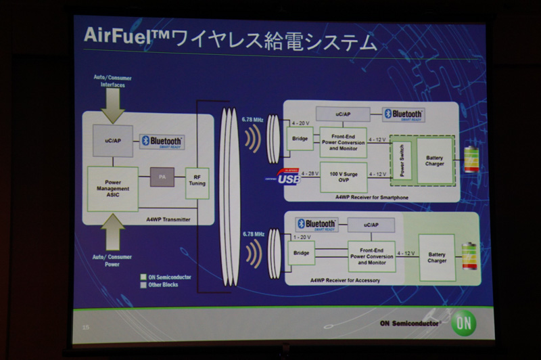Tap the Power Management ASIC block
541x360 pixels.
113,188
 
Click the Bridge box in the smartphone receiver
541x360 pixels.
299,138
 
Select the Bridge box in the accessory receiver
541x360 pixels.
300,254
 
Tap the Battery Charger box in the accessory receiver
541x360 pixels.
436,256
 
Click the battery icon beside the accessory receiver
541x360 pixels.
469,256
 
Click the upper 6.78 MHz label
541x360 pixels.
252,120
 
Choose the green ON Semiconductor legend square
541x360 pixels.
143,276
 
